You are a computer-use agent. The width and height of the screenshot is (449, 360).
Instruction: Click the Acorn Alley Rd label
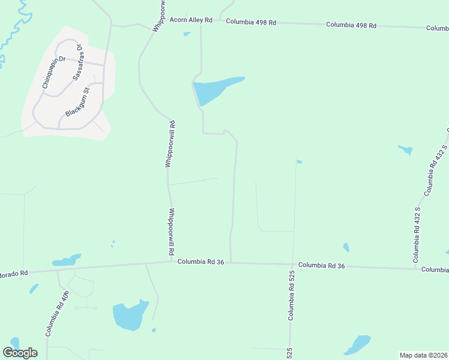tap(191, 20)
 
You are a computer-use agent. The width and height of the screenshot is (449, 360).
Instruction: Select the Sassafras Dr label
tap(78, 63)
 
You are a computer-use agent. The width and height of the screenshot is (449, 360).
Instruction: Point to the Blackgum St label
tap(77, 103)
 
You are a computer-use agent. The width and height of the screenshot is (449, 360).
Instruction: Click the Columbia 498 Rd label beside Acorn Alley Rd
tap(250, 22)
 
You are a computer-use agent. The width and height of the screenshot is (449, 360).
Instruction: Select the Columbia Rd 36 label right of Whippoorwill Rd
tap(200, 262)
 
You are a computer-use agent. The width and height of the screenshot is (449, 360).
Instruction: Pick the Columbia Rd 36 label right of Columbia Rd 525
tap(322, 265)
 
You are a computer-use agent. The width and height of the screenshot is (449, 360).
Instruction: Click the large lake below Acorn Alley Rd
tap(213, 90)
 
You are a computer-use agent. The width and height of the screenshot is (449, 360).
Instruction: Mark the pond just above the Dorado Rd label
tap(66, 262)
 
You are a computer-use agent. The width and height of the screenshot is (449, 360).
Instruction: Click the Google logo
tap(20, 353)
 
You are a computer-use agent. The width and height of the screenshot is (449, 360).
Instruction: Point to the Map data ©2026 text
tap(424, 355)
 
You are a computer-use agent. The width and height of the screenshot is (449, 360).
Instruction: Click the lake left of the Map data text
tap(358, 344)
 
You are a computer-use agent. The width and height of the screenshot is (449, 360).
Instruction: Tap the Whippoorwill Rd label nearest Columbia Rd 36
tap(172, 232)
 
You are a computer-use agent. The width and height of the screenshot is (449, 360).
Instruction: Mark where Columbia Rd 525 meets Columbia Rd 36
tap(294, 263)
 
